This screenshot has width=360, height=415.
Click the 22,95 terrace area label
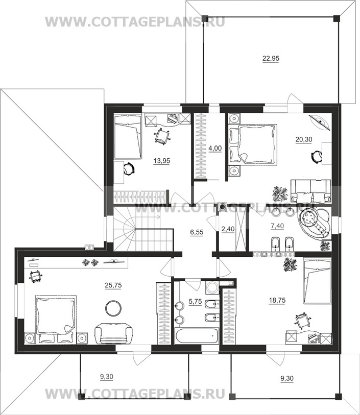click(x=271, y=58)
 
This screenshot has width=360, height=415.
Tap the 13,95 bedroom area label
click(x=162, y=161)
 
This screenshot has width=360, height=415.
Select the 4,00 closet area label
click(x=215, y=148)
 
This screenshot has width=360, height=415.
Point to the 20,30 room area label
click(x=304, y=139)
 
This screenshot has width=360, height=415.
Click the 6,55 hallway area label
click(x=197, y=232)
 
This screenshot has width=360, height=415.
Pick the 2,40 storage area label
click(x=228, y=229)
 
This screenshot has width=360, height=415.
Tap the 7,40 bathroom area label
click(x=277, y=226)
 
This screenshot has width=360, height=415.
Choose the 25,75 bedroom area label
click(x=113, y=285)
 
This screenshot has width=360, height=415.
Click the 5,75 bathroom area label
click(x=195, y=301)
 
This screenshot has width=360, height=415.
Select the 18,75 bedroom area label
click(x=277, y=300)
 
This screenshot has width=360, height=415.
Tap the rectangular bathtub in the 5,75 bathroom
click(x=197, y=336)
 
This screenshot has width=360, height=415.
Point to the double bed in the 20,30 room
click(x=253, y=144)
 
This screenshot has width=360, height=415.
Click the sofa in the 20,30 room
click(x=311, y=191)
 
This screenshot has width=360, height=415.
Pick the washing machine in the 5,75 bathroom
click(x=212, y=287)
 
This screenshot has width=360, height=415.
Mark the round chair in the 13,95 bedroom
click(x=129, y=168)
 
